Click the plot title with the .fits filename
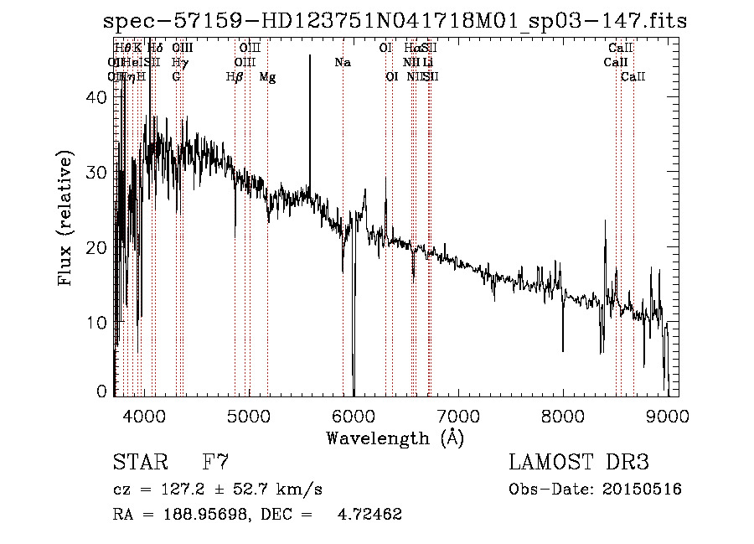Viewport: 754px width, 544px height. coord(394,21)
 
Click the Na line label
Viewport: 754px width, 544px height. coord(342,63)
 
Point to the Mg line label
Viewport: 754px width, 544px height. coord(267,77)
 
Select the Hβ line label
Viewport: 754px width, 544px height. coord(235,77)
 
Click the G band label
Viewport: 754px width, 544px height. coord(176,77)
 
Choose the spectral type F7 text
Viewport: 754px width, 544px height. coord(216,462)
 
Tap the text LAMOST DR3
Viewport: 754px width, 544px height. coord(579,462)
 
